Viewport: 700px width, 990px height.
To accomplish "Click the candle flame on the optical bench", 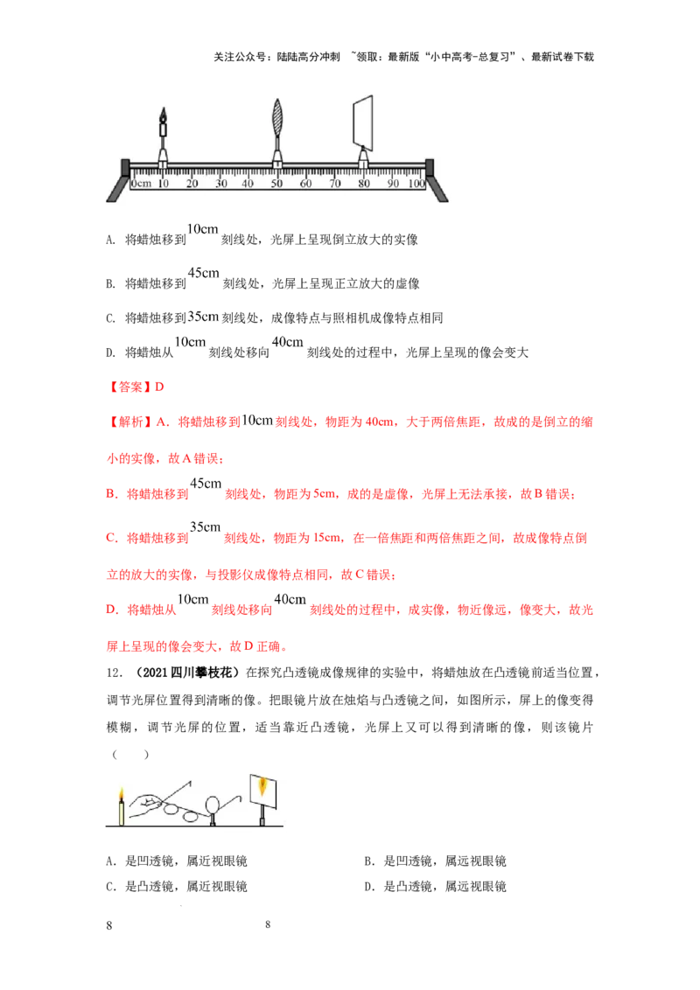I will (164, 115).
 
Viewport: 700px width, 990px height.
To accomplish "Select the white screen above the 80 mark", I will (361, 122).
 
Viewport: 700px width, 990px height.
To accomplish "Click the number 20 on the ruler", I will (192, 184).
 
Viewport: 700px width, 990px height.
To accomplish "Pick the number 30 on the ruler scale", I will (220, 184).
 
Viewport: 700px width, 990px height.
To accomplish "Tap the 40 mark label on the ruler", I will (248, 184).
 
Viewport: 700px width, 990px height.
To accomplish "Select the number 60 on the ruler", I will (305, 184).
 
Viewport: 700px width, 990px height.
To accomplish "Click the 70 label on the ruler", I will (334, 184).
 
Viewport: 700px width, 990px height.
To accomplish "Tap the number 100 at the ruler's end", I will (416, 184).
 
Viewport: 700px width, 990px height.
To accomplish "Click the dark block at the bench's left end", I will (125, 167).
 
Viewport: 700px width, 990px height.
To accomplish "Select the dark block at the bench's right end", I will (430, 167).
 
